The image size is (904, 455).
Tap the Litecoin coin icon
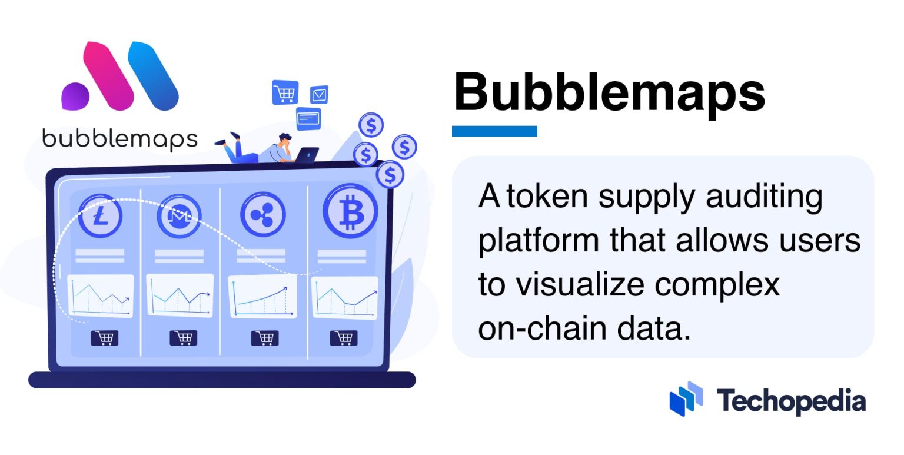point(100,216)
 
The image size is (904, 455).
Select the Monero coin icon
point(179,216)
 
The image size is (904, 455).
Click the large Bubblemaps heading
point(609,94)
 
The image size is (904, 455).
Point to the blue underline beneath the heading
point(494,131)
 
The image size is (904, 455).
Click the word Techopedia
point(791,401)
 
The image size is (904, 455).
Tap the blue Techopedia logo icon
point(686,398)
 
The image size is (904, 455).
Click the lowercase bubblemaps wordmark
point(119,139)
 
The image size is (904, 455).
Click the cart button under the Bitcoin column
point(343,337)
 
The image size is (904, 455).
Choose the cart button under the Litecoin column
point(104,337)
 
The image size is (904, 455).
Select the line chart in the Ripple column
point(262,297)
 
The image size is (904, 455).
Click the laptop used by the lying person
point(307,155)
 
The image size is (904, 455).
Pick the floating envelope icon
point(319,94)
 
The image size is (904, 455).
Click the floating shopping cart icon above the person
point(285,92)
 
